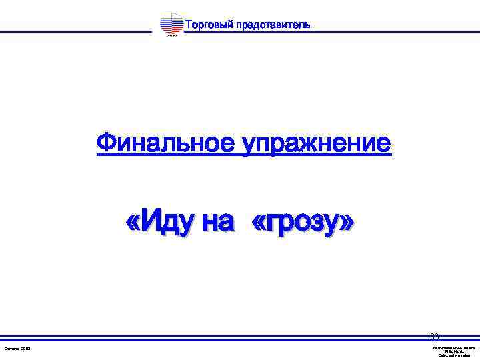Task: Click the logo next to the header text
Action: tap(172, 25)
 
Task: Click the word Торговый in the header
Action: tap(208, 25)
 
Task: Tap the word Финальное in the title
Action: tap(166, 143)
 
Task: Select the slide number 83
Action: tap(435, 337)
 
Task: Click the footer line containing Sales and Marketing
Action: tap(454, 355)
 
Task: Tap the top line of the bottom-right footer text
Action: tap(454, 347)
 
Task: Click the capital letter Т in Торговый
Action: tap(187, 25)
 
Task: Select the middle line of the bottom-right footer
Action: tap(454, 351)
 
